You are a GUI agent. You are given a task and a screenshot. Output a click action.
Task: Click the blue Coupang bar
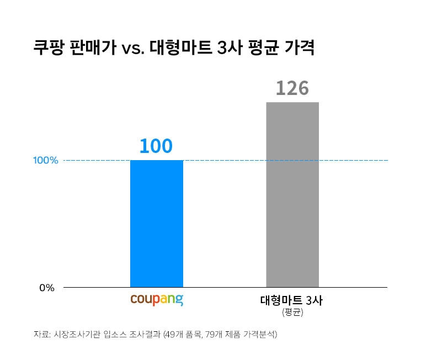coord(157,224)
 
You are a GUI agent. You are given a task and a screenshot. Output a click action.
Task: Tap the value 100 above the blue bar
coord(156,146)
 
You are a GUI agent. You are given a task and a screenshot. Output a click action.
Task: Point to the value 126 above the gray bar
coord(292,88)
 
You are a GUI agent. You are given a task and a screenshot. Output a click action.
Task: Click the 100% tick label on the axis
coord(45,161)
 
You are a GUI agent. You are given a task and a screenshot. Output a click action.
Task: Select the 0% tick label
coord(46,288)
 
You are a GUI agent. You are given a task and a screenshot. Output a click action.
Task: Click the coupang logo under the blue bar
coord(157,300)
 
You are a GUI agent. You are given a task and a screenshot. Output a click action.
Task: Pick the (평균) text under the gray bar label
coord(292,313)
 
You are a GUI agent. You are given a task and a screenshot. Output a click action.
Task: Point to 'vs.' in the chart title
coord(132,49)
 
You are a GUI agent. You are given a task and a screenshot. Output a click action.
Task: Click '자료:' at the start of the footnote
coord(41,335)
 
